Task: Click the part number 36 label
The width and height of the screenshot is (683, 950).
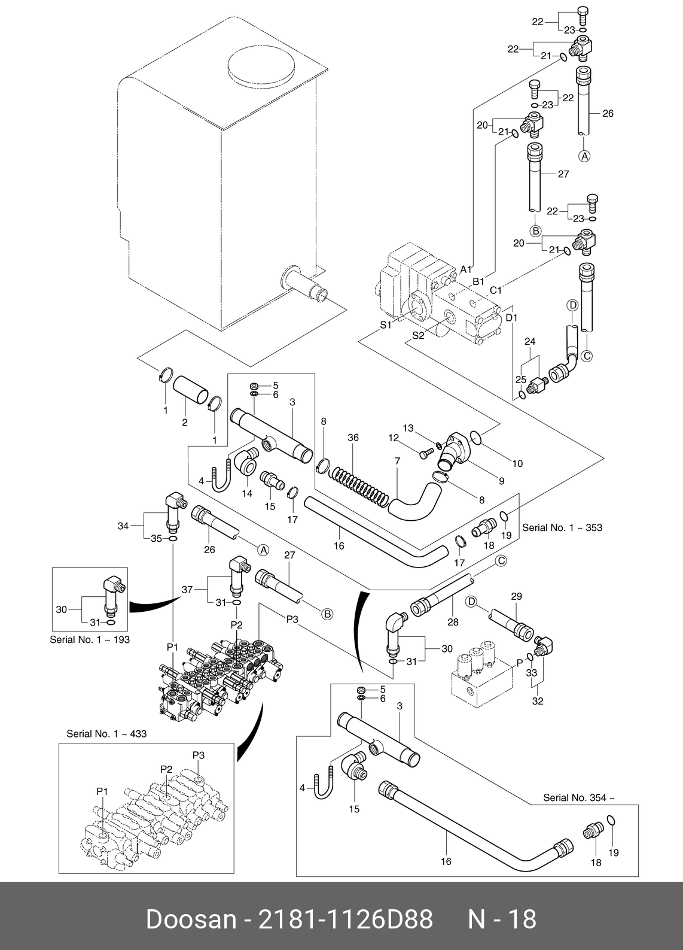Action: [353, 438]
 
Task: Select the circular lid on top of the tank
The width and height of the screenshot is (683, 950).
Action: [261, 66]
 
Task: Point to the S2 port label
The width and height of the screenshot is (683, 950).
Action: [418, 336]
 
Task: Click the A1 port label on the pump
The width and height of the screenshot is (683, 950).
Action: [466, 269]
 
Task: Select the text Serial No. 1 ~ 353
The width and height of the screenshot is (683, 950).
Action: [562, 527]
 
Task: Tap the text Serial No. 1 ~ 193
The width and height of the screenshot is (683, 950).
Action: [90, 639]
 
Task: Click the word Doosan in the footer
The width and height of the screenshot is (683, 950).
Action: [191, 919]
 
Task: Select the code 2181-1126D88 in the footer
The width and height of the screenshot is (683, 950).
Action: [344, 919]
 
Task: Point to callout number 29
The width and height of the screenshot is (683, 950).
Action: [516, 596]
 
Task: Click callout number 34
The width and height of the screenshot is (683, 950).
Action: [123, 526]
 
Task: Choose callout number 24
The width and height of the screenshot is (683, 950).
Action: [530, 342]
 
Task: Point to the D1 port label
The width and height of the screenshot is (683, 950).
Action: [511, 317]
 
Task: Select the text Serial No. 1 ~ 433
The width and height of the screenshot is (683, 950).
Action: [106, 733]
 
